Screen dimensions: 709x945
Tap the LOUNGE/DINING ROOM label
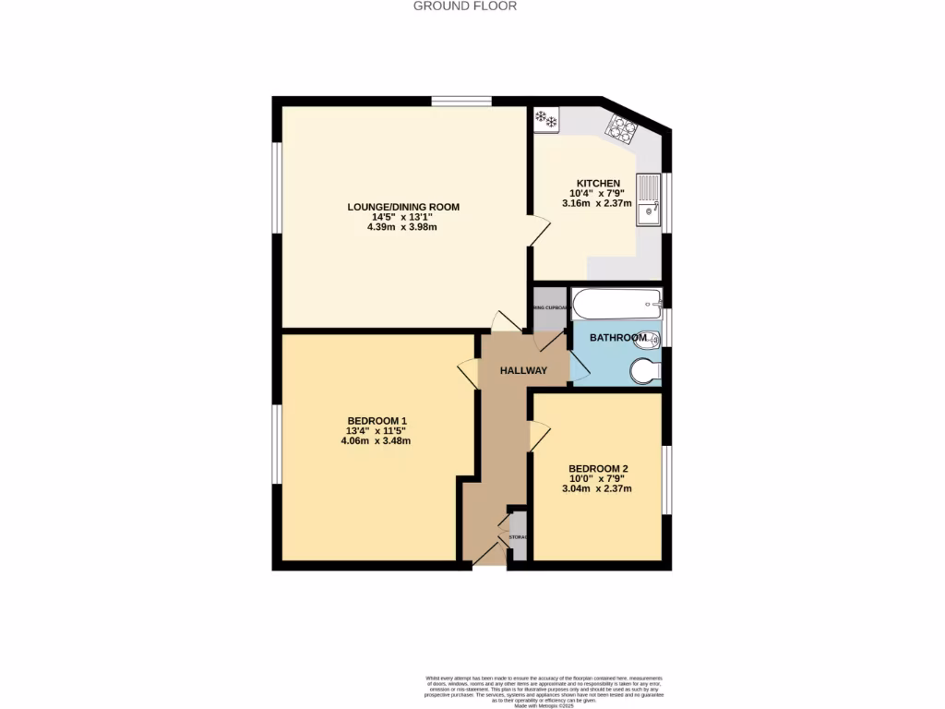(403, 207)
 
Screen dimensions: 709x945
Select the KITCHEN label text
(598, 183)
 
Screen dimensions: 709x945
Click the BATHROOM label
(618, 338)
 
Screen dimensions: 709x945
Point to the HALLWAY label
(523, 371)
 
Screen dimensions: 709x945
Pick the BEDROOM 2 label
(598, 468)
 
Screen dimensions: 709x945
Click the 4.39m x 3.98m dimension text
(403, 226)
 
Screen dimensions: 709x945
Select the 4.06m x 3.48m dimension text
(376, 441)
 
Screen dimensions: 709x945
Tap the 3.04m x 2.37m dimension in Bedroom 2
(597, 488)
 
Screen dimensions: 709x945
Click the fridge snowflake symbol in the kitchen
(546, 119)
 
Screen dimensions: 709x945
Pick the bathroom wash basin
(650, 338)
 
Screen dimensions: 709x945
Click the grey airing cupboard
(550, 313)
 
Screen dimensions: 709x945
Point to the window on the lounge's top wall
(461, 101)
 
